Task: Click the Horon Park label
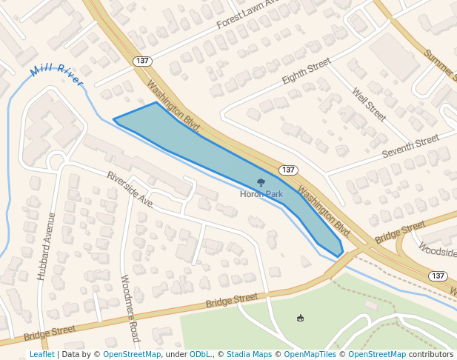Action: (x=261, y=194)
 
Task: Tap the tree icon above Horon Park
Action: (x=261, y=181)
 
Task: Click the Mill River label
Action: (x=57, y=76)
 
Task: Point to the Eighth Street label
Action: (x=306, y=73)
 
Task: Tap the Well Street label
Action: (x=369, y=104)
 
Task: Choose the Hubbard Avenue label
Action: (x=46, y=246)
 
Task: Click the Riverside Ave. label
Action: (x=130, y=189)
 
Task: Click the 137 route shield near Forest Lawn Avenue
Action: (x=143, y=60)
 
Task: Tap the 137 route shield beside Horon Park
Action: (x=289, y=170)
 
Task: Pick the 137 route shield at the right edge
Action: (x=438, y=276)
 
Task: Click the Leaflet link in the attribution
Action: (x=41, y=354)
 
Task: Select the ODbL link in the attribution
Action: (x=200, y=354)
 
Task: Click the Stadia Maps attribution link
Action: (x=249, y=354)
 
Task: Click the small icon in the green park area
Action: (x=300, y=319)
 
